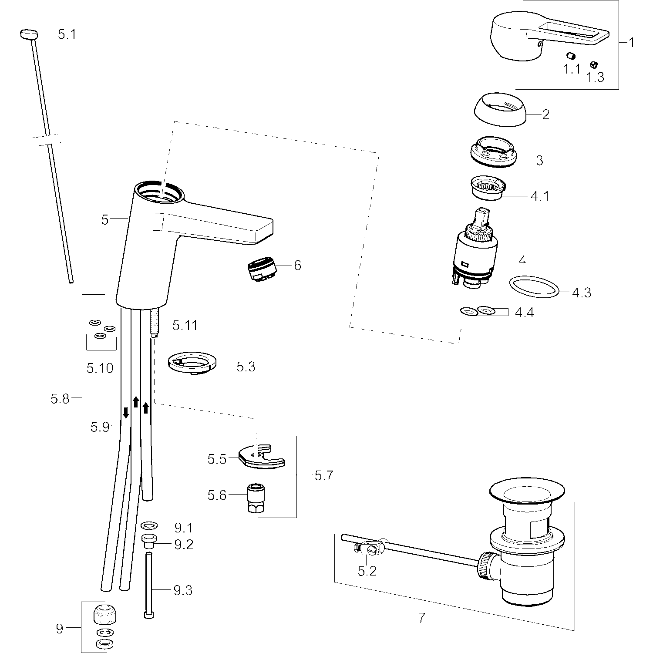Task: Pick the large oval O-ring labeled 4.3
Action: pyautogui.click(x=534, y=287)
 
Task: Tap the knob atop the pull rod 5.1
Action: pyautogui.click(x=29, y=34)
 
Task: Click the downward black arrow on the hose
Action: pyautogui.click(x=126, y=412)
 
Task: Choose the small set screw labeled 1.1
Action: pyautogui.click(x=571, y=56)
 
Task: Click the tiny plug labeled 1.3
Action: pyautogui.click(x=593, y=64)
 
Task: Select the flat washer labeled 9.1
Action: pyautogui.click(x=149, y=525)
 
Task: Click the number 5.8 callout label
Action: pyautogui.click(x=60, y=398)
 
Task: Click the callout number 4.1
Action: pyautogui.click(x=540, y=196)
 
